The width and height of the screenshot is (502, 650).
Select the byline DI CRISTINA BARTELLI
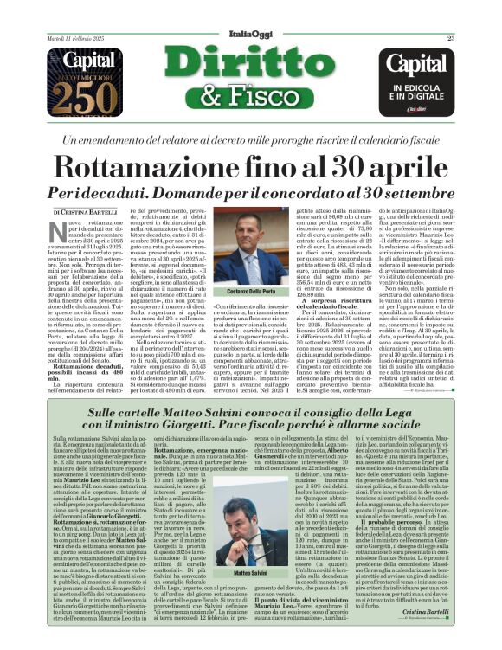pyautogui.click(x=84, y=211)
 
